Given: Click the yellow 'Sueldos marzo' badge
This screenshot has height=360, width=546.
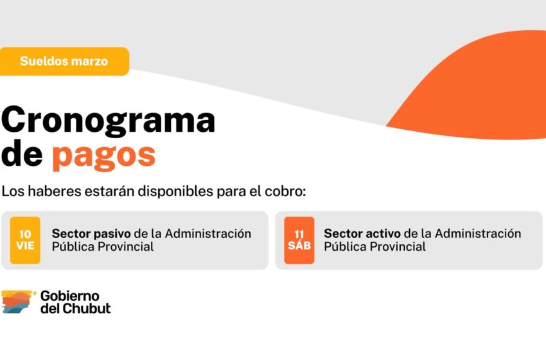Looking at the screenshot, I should (64, 62).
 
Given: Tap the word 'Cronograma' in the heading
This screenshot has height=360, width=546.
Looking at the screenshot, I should (109, 120).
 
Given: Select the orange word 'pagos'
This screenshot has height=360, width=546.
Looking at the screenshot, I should (103, 155).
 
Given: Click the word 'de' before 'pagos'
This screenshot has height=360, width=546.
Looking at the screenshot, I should (22, 155).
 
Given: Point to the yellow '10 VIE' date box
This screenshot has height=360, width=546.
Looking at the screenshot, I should (25, 240).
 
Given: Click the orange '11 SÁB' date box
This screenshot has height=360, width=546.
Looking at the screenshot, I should (299, 240).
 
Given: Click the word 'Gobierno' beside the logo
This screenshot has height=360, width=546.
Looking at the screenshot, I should (70, 296).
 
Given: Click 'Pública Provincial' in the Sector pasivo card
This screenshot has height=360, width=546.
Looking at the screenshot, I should (103, 247).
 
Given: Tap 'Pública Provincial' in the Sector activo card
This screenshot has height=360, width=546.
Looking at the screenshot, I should (374, 247).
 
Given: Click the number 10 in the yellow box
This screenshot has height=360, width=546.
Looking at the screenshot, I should (25, 234).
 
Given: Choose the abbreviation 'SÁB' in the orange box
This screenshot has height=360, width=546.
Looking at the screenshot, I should (299, 246).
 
